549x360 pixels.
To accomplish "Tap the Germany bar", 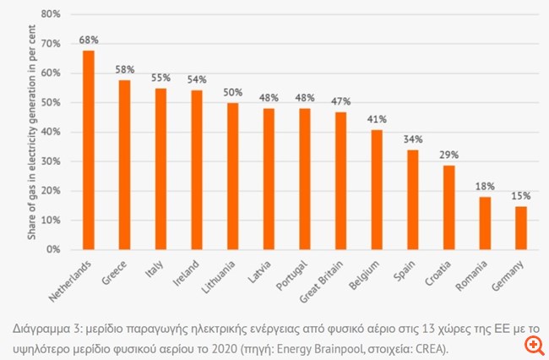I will pyautogui.click(x=521, y=228).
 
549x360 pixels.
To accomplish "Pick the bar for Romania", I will pyautogui.click(x=485, y=223).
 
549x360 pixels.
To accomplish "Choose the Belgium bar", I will pyautogui.click(x=377, y=189).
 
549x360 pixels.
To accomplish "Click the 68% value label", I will pyautogui.click(x=89, y=40).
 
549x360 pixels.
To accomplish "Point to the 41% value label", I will pyautogui.click(x=377, y=119).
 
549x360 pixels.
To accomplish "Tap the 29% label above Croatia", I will pyautogui.click(x=449, y=155).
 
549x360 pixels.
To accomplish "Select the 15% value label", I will pyautogui.click(x=521, y=196).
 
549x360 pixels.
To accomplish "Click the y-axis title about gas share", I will pyautogui.click(x=31, y=132).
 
